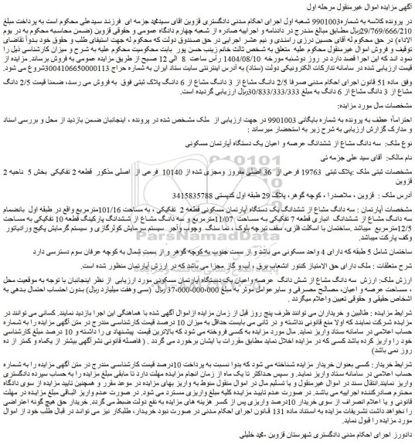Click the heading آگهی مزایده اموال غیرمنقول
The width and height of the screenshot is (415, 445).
tap(370, 6)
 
